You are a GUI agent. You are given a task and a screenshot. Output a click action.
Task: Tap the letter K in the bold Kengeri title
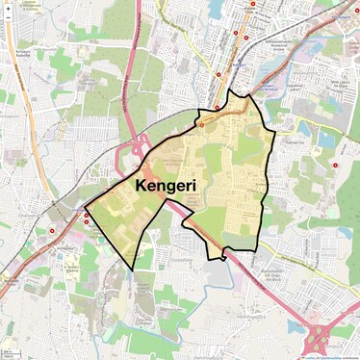pos(142,184)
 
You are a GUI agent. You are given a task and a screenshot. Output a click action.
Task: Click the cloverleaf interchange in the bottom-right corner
pos(319,337)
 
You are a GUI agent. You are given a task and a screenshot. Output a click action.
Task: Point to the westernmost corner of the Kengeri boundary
pos(86,207)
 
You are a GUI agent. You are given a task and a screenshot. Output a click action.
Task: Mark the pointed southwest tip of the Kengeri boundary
pos(131,270)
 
